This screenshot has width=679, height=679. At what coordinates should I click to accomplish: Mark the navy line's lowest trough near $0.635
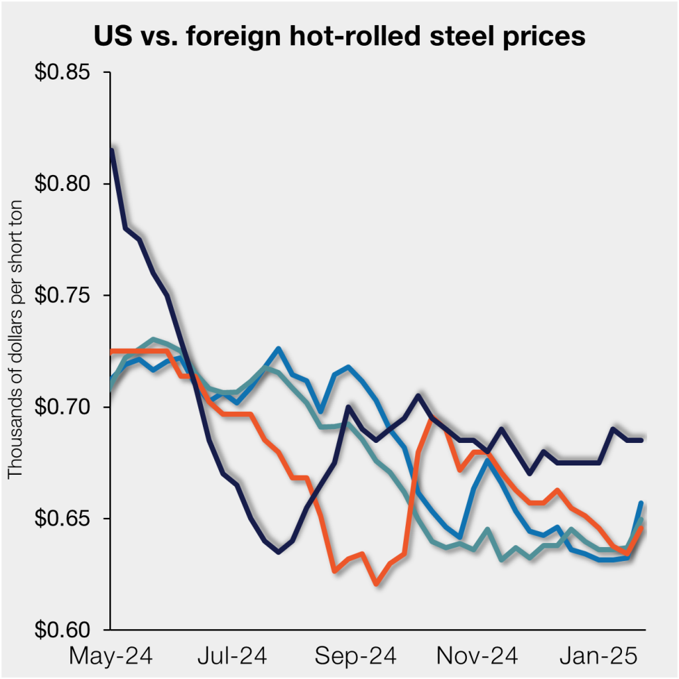[x=278, y=551]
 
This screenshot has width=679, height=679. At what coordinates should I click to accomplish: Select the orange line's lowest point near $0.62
[x=376, y=584]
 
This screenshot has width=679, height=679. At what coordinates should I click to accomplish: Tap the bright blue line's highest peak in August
[x=278, y=348]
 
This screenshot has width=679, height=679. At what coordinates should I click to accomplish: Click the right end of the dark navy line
[x=642, y=440]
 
